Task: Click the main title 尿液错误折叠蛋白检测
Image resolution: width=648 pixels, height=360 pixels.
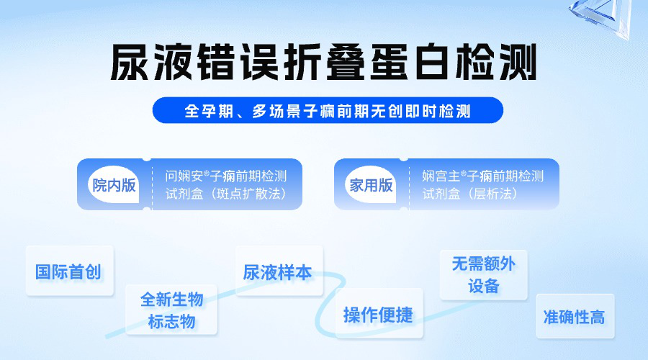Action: point(323,62)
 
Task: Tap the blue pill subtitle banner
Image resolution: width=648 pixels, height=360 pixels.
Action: point(328,110)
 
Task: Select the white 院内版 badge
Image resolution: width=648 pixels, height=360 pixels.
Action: point(114,185)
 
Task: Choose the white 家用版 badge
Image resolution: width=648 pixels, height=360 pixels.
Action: point(371,185)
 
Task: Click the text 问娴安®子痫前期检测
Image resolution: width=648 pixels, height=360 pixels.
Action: point(226,176)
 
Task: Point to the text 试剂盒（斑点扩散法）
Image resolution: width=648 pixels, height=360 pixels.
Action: point(226,194)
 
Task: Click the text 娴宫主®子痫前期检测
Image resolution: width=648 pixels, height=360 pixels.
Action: point(482,176)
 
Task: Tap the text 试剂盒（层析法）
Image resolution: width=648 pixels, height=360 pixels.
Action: point(470,194)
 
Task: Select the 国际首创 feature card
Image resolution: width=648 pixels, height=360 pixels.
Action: point(69,271)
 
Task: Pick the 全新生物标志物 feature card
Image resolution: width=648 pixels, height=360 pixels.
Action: point(171,310)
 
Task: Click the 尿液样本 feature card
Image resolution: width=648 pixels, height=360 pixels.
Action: point(279,271)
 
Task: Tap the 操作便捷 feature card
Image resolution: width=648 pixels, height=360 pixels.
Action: point(379,313)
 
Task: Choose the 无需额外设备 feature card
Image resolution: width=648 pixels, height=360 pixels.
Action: point(484,275)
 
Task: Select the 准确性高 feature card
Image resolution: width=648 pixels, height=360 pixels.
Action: point(575,316)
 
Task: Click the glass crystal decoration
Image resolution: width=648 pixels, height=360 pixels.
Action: point(602,17)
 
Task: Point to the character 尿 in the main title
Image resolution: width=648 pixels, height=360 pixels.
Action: point(130,62)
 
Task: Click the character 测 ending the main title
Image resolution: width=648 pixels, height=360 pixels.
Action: point(518,62)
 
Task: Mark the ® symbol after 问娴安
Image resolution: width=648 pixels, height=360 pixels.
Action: point(207,173)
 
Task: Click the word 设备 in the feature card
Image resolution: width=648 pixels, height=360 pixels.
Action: point(484,286)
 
